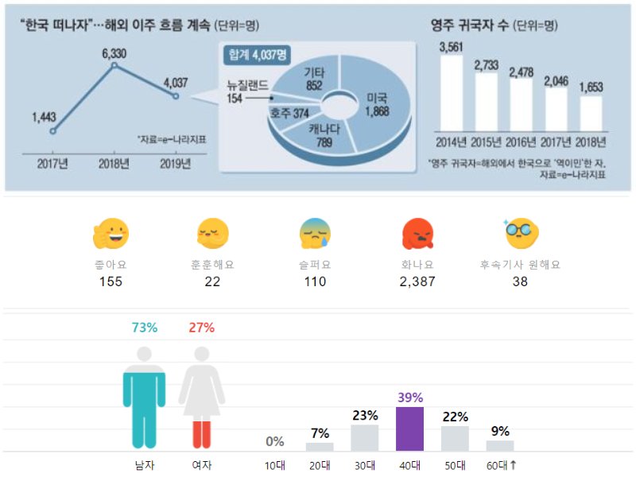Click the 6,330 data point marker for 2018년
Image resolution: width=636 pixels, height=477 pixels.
[x=114, y=64]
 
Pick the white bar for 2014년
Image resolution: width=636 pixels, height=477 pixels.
[x=451, y=94]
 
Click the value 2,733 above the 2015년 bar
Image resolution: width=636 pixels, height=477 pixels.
[x=486, y=64]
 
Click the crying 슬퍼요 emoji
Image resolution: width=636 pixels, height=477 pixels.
[x=315, y=234]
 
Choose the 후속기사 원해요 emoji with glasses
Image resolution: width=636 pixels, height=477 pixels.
[x=521, y=233]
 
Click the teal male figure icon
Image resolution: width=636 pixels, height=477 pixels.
[x=144, y=398]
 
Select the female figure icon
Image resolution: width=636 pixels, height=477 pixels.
[x=201, y=398]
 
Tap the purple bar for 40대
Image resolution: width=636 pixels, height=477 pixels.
[x=409, y=429]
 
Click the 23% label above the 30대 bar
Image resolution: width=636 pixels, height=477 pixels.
[x=364, y=416]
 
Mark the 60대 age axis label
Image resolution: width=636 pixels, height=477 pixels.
[x=501, y=464]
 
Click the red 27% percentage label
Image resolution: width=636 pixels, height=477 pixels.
[x=202, y=328]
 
